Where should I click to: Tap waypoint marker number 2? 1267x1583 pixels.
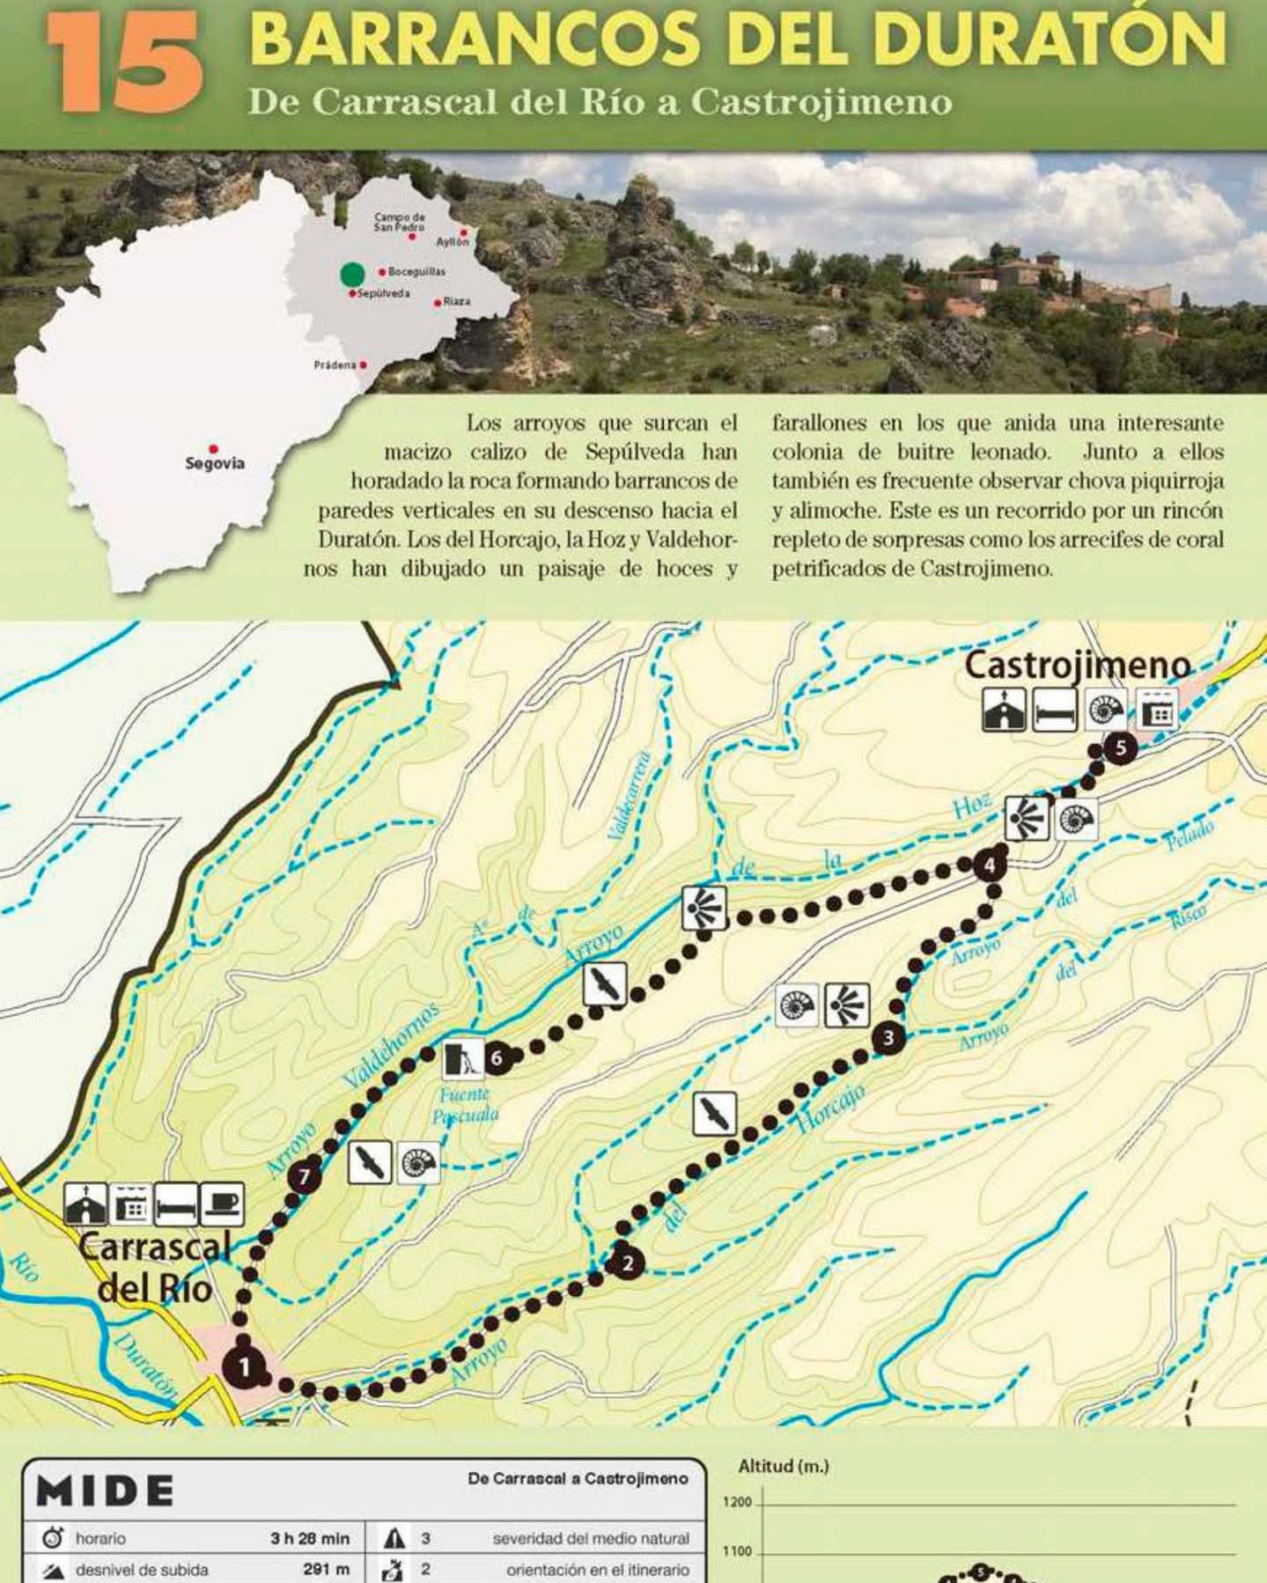pyautogui.click(x=628, y=1263)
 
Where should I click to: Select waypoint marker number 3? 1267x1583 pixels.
pyautogui.click(x=888, y=1038)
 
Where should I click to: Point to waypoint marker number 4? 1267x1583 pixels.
pyautogui.click(x=990, y=865)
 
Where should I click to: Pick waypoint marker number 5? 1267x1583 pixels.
pyautogui.click(x=1120, y=749)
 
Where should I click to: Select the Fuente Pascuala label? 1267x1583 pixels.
pyautogui.click(x=465, y=1105)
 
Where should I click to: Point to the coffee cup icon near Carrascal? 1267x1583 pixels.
pyautogui.click(x=222, y=1204)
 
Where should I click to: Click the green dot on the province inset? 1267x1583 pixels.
pyautogui.click(x=352, y=274)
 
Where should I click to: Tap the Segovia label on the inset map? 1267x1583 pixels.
pyautogui.click(x=215, y=463)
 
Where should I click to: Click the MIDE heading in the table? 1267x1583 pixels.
pyautogui.click(x=106, y=1490)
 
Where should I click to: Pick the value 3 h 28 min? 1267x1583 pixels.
pyautogui.click(x=310, y=1538)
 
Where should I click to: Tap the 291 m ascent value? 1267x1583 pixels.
pyautogui.click(x=327, y=1569)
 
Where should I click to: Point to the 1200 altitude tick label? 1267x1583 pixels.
pyautogui.click(x=737, y=1502)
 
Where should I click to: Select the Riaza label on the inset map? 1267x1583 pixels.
pyautogui.click(x=456, y=301)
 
